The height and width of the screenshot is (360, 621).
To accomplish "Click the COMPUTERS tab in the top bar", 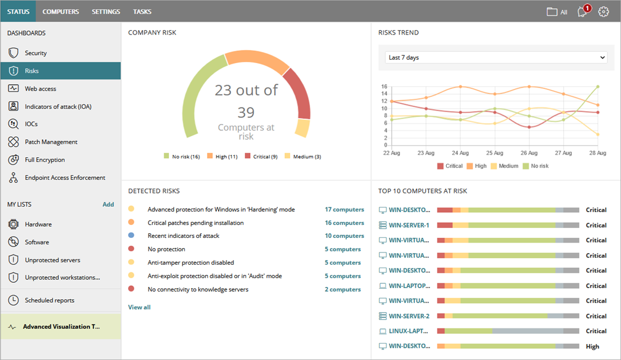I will (x=61, y=12).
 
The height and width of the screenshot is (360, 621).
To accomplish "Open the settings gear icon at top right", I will (x=603, y=12).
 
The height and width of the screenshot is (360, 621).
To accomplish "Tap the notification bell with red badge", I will (x=582, y=12).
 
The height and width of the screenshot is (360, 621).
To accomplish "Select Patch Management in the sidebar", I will (x=51, y=142).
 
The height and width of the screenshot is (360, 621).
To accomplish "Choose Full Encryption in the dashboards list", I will (x=44, y=160).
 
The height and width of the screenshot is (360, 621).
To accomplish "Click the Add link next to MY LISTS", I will (x=108, y=205).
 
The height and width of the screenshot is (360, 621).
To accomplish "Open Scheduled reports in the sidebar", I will (x=49, y=300).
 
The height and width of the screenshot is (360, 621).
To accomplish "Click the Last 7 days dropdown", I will (x=496, y=58).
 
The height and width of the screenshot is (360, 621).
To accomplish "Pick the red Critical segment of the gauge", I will (x=299, y=95).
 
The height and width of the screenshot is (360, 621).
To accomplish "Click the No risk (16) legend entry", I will (x=182, y=157).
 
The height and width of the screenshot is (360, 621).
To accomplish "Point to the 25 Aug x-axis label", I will (x=495, y=153).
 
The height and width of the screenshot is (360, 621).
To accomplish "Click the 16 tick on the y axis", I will (x=384, y=86).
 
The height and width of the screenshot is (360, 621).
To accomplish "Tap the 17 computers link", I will (x=344, y=209).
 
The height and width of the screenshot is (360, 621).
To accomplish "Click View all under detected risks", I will (x=139, y=307).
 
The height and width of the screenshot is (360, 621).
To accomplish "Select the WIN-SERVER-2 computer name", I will (x=409, y=316).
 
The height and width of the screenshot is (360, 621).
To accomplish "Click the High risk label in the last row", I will (x=592, y=347).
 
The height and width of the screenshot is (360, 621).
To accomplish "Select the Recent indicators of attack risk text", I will (x=184, y=236).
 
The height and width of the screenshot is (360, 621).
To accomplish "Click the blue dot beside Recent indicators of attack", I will (x=131, y=236).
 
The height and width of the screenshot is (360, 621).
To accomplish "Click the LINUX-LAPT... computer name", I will (x=409, y=331).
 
